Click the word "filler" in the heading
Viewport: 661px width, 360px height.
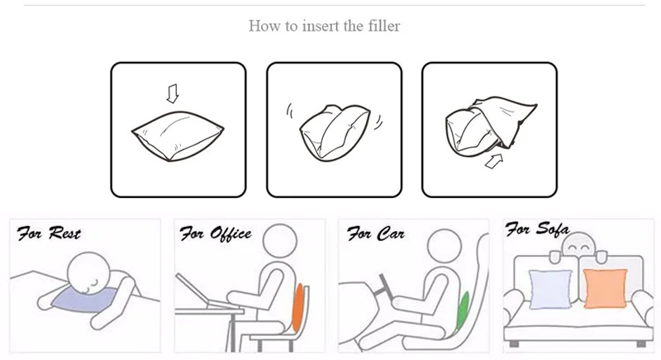[383, 26]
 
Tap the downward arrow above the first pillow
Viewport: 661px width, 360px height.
[173, 93]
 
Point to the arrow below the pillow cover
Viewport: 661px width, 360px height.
[494, 161]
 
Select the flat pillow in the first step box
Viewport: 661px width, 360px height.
[178, 135]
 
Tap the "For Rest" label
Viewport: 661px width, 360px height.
[49, 233]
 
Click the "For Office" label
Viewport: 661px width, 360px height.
[216, 234]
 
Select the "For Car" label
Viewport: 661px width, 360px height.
[376, 234]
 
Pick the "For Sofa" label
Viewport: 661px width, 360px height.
[536, 229]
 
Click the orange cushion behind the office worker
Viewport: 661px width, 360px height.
[298, 307]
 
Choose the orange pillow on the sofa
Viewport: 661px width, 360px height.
[605, 288]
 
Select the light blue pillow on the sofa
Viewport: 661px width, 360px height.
[550, 290]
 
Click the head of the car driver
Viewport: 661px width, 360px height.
[444, 245]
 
